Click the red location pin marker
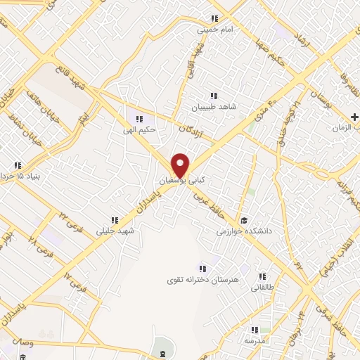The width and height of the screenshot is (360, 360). tap(181, 165)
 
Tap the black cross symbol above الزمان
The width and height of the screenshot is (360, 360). tap(354, 116)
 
